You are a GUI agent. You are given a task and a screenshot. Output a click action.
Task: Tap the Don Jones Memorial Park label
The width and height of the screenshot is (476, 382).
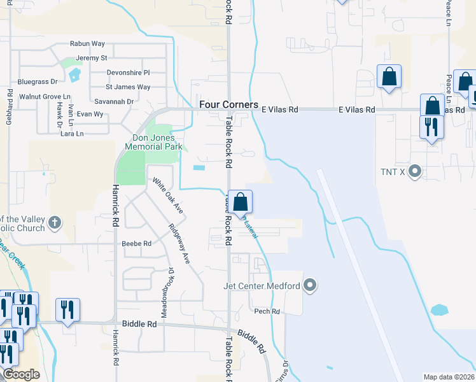tap(157, 142)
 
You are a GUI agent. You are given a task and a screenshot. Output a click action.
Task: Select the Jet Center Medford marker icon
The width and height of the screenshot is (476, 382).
tap(311, 285)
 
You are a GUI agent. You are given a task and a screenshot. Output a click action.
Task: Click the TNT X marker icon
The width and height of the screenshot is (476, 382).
tap(416, 171)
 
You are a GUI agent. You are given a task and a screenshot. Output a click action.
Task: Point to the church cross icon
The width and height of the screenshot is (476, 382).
tap(55, 223)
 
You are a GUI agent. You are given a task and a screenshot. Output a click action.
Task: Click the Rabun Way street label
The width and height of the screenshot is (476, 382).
tap(88, 44)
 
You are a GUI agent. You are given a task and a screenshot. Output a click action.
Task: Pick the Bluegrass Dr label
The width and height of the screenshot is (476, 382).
tap(38, 81)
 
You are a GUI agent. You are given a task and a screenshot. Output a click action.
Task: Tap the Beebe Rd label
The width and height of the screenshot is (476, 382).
tap(137, 243)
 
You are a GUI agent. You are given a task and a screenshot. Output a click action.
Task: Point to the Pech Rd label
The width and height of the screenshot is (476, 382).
tap(267, 311)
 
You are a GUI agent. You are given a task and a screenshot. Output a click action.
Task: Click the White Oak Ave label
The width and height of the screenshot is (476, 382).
tap(167, 195)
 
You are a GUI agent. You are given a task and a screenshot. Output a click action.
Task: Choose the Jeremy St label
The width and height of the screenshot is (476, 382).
tap(91, 58)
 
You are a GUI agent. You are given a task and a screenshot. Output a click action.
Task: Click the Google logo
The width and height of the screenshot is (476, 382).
tap(21, 374)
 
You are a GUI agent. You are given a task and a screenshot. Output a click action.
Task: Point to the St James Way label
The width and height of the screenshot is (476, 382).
tap(128, 87)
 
